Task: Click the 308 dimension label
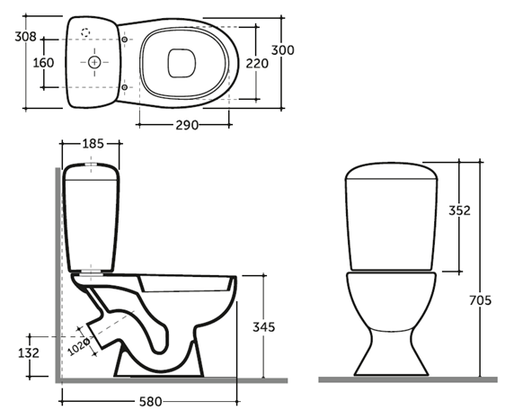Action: click(x=26, y=37)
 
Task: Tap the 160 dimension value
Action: click(x=43, y=63)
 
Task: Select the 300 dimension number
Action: click(x=283, y=50)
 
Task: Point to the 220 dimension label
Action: click(x=257, y=64)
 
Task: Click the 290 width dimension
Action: click(x=187, y=125)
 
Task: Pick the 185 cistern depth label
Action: click(x=93, y=144)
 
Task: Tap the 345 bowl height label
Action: click(x=264, y=327)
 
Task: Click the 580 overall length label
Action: click(x=150, y=402)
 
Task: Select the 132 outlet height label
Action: click(x=29, y=353)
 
